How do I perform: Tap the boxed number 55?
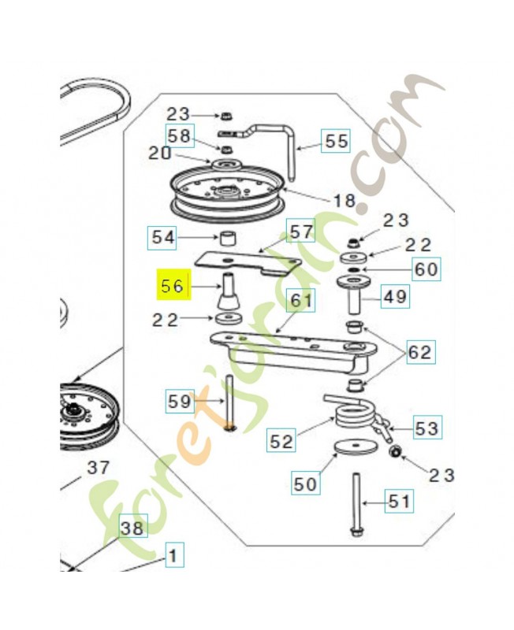coord(336,141)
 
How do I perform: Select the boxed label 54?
coord(162,238)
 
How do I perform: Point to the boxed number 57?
coord(301,231)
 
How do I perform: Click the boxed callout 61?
coord(301,300)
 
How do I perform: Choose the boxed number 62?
coord(420,352)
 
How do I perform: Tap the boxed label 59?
coord(180,401)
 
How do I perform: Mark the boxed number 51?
coord(399,501)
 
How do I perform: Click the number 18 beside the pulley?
coord(345,200)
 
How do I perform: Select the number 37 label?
coord(98,468)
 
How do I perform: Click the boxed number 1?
coord(174,555)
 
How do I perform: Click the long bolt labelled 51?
coord(356,505)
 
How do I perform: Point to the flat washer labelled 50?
coord(356,447)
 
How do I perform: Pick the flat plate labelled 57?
coord(248,262)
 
